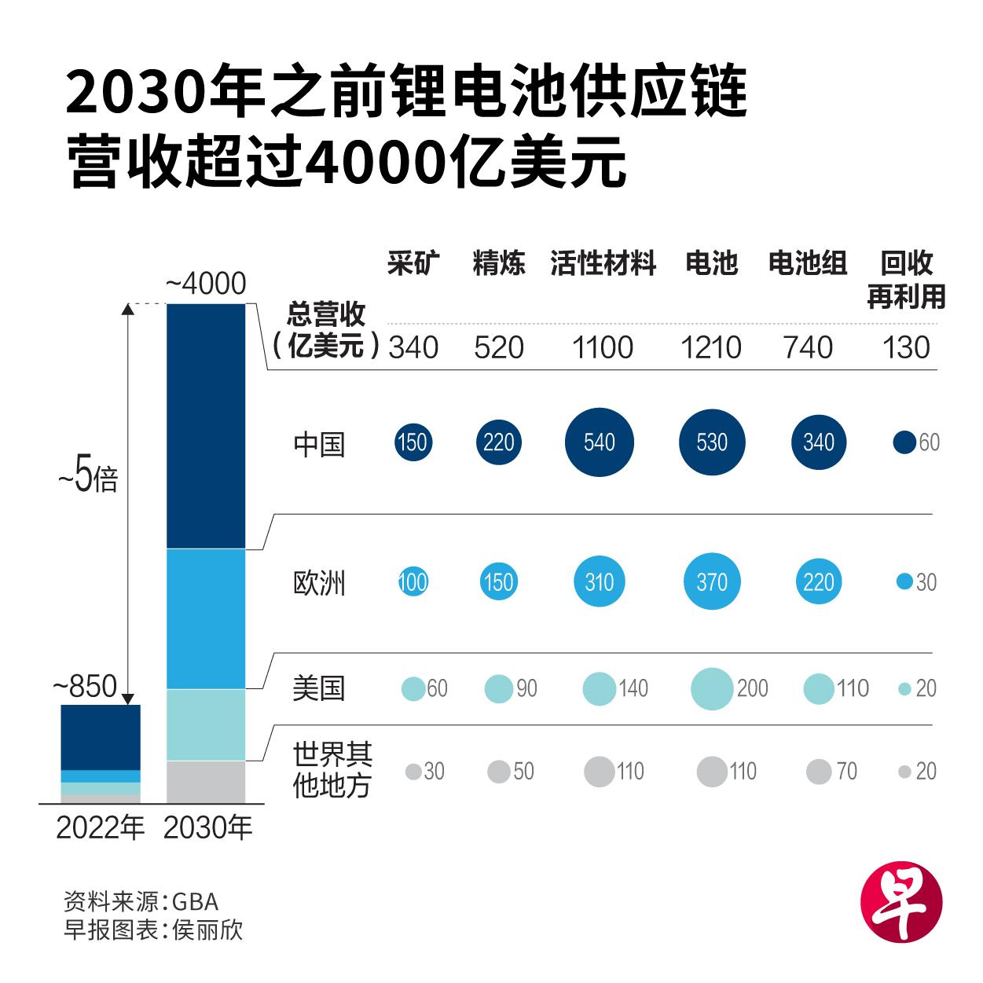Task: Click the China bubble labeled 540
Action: tap(600, 442)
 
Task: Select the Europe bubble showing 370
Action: tap(712, 582)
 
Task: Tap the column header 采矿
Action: tap(413, 264)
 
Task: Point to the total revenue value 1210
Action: tap(711, 347)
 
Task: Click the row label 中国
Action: tap(319, 444)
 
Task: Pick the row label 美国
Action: tap(319, 688)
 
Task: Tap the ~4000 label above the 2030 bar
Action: tap(207, 284)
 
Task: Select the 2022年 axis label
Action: tap(101, 827)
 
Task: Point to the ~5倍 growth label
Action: tap(87, 479)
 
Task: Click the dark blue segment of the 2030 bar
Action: tap(207, 424)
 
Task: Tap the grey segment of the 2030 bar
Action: tap(207, 781)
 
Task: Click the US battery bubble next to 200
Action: tap(712, 688)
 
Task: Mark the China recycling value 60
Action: tap(929, 443)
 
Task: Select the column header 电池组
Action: tap(807, 264)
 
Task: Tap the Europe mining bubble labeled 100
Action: tap(413, 582)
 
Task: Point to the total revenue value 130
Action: tap(906, 347)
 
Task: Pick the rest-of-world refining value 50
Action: tap(523, 772)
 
